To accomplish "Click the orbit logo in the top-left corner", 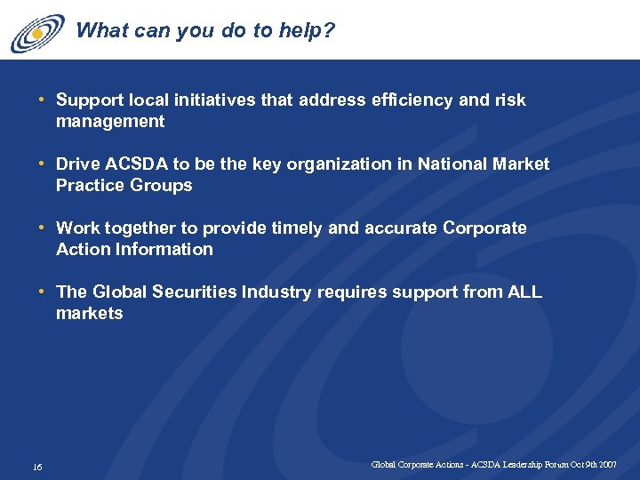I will tap(37, 33).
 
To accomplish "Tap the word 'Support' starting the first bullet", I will tap(91, 100).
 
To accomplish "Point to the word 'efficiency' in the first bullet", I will tap(408, 100).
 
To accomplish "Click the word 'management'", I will tap(110, 122).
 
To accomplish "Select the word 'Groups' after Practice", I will tap(161, 186).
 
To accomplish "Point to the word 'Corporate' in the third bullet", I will tap(484, 228).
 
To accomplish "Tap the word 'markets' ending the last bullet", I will tap(90, 314).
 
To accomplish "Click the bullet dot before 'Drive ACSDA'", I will tap(43, 164).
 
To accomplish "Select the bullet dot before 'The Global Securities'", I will tap(43, 292).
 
